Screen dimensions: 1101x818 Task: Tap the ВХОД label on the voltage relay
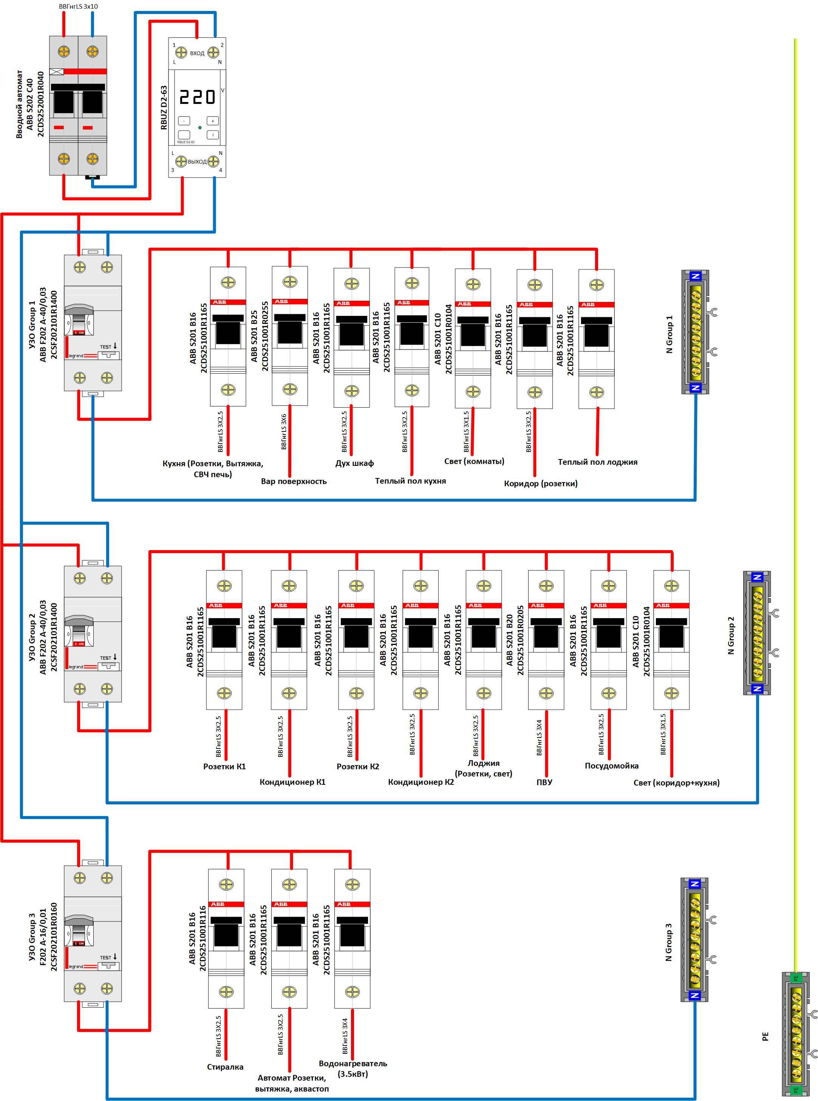[x=197, y=53]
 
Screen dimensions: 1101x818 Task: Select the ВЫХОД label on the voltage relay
[x=197, y=161]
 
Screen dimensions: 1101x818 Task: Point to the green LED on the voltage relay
[x=199, y=127]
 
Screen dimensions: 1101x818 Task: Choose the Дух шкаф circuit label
[x=354, y=463]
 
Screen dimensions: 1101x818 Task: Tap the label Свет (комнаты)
[x=474, y=461]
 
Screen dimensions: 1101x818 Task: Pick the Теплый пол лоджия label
[x=597, y=462]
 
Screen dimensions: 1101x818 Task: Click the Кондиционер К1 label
[x=292, y=782]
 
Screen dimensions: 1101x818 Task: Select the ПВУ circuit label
[x=544, y=782]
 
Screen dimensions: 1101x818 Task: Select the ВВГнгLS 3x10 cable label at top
[x=78, y=6]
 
